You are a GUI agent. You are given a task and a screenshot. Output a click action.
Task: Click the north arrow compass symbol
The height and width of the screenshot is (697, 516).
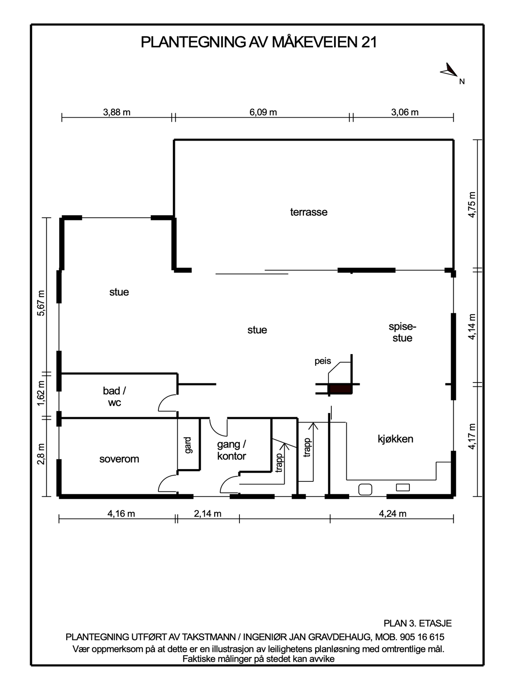tap(449, 71)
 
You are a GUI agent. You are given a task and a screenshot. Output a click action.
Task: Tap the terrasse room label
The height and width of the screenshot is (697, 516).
tap(309, 212)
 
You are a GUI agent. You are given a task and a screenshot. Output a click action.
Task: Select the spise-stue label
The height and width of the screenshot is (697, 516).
tap(402, 332)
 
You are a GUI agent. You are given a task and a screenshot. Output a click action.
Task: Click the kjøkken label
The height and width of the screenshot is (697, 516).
tap(395, 439)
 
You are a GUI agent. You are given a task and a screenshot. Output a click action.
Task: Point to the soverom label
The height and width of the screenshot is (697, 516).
tap(119, 459)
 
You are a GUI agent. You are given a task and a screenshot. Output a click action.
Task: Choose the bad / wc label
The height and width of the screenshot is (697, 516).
tap(115, 396)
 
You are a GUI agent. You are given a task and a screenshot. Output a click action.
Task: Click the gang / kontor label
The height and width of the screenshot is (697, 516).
tap(232, 450)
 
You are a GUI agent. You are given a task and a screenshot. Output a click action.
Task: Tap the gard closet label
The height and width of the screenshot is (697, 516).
tap(188, 445)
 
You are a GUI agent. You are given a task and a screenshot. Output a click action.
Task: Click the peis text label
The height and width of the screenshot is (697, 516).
tap(323, 362)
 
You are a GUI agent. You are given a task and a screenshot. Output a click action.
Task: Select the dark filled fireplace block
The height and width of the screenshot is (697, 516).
tap(340, 389)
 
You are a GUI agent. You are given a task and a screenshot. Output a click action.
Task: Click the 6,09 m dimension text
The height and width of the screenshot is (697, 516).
tap(263, 112)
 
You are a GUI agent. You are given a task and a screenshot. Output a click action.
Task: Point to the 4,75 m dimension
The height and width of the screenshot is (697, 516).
tap(472, 205)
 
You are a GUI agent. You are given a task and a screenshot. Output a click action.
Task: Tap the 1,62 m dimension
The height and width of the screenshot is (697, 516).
tap(41, 393)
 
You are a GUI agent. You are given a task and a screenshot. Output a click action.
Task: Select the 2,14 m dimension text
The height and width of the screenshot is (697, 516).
tap(207, 514)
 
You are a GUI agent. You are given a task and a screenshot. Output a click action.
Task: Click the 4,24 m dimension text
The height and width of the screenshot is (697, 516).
tap(392, 514)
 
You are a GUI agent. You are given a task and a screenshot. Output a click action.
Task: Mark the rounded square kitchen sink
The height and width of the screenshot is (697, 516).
tap(365, 490)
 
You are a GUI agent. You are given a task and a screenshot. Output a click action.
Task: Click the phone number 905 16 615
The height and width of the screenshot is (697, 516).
tap(422, 637)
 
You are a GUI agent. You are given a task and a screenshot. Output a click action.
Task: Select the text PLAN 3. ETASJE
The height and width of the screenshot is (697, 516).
tap(418, 623)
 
